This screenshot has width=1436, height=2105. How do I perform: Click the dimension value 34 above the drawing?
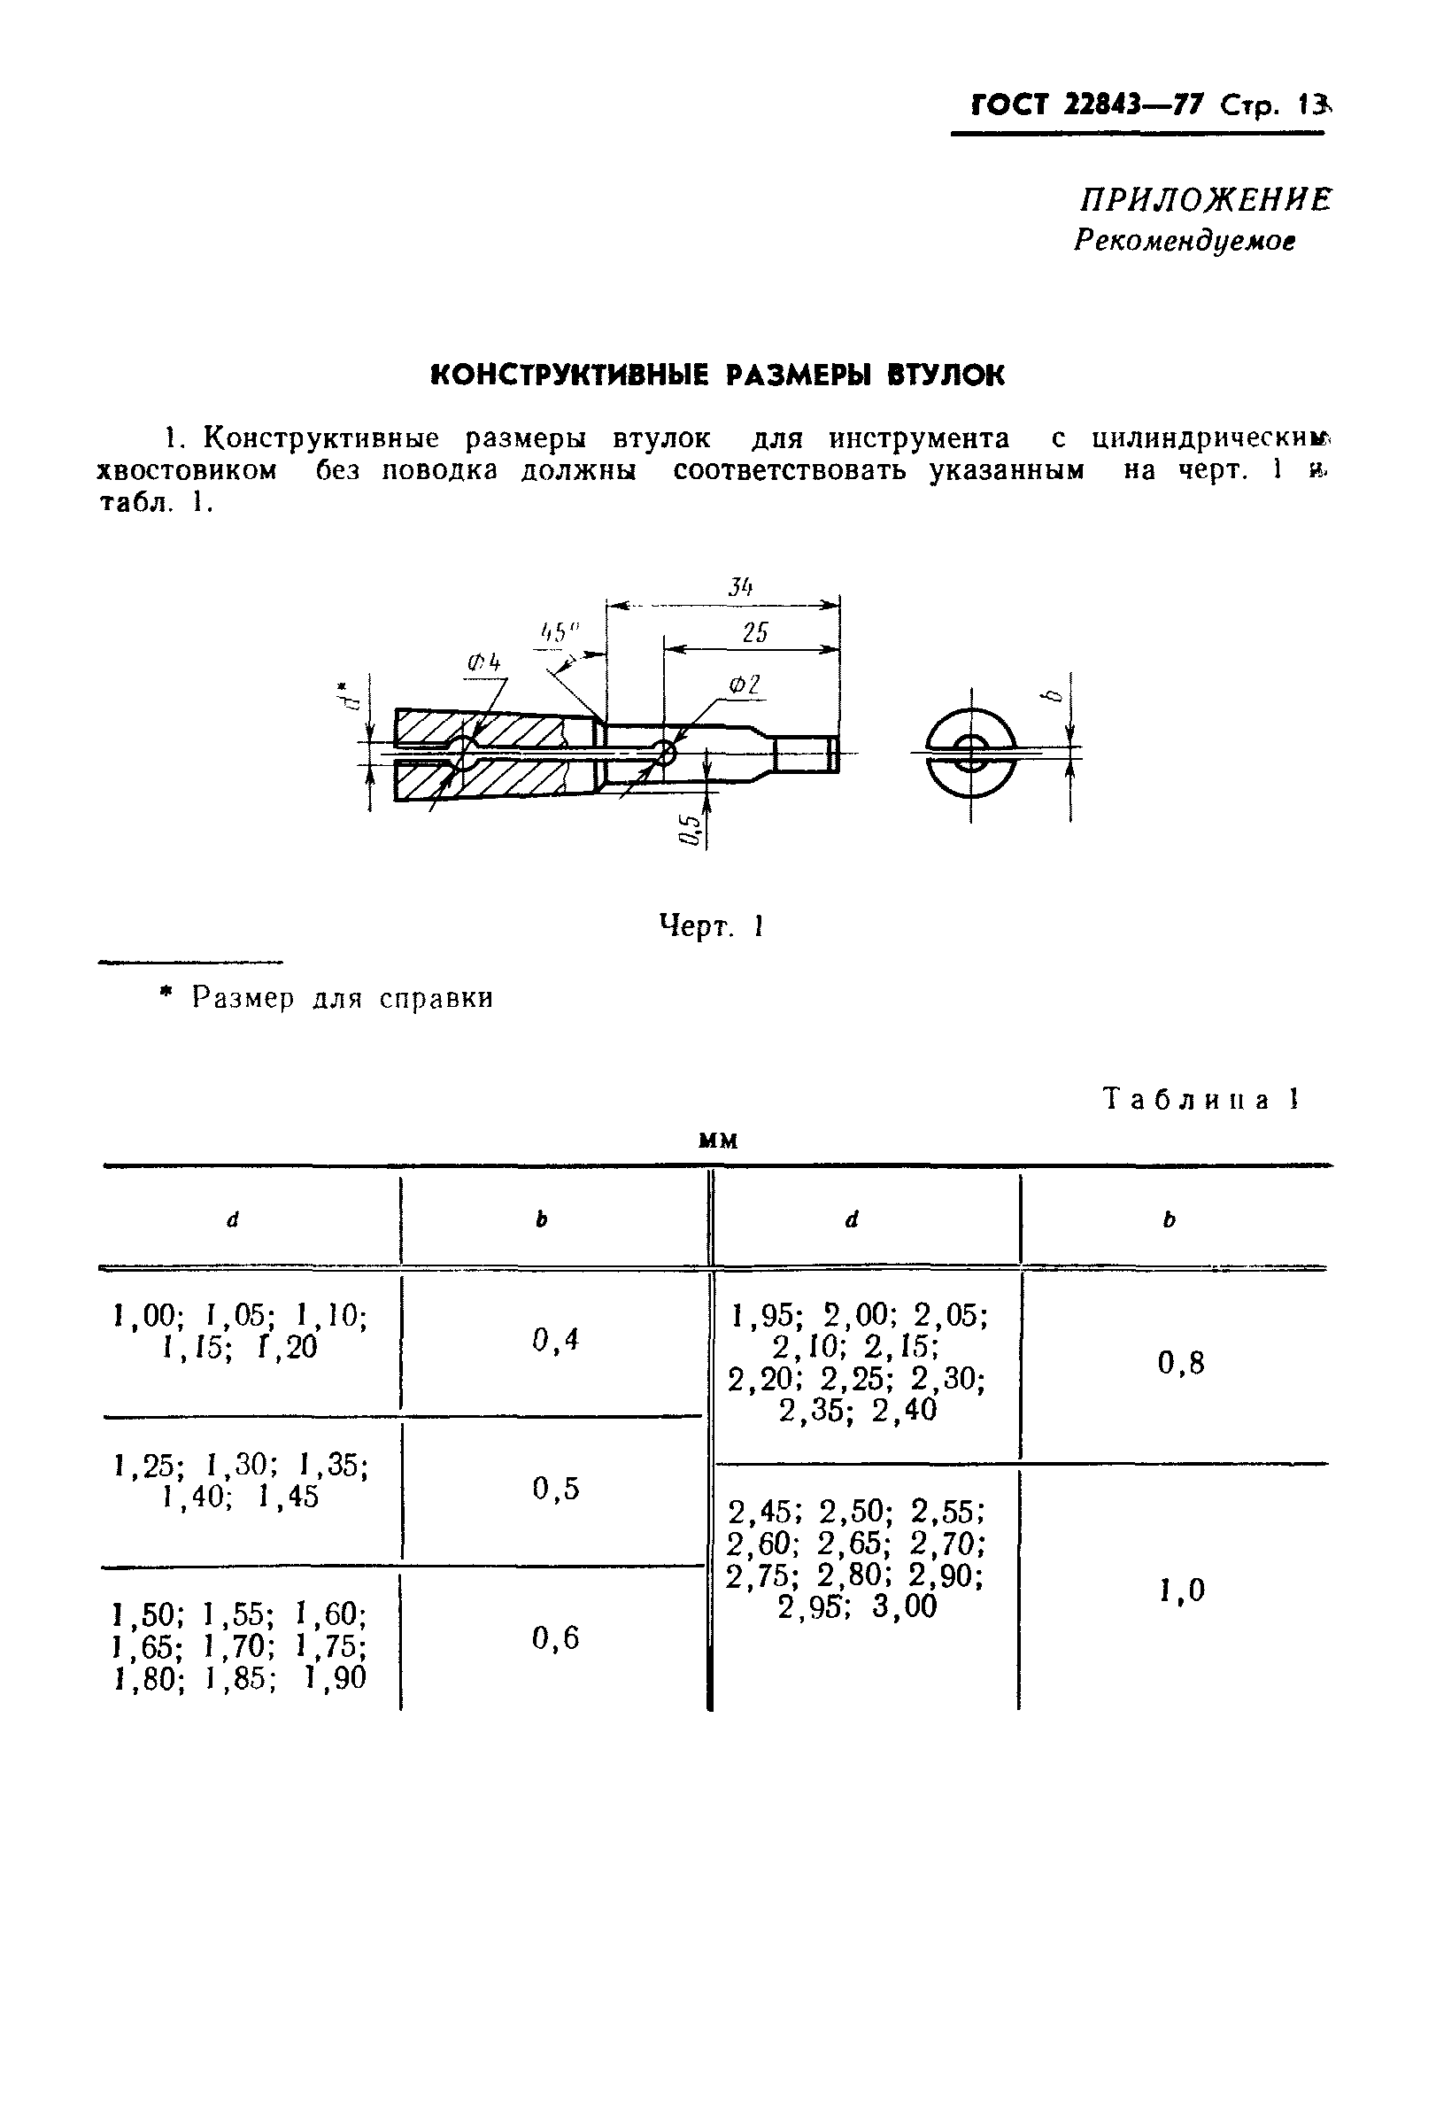(740, 587)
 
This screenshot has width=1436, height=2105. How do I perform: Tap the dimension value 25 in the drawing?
(754, 632)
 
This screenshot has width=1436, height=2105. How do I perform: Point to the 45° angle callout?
(559, 632)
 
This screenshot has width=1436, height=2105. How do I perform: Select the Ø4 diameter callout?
(484, 664)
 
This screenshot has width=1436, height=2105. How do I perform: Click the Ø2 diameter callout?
(745, 685)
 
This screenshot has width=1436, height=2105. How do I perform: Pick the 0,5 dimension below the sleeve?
(691, 829)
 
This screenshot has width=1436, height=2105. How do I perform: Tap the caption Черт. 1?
(712, 926)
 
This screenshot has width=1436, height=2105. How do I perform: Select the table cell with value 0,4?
(555, 1340)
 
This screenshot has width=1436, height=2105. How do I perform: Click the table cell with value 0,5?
(555, 1488)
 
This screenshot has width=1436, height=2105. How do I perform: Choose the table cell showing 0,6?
(555, 1637)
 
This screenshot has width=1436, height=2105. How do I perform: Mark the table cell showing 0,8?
(1181, 1363)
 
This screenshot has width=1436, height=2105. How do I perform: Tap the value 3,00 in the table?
(905, 1606)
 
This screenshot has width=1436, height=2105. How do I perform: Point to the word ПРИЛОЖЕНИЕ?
(1205, 200)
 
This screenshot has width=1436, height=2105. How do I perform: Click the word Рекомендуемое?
(1185, 241)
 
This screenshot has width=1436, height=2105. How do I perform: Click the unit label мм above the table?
(719, 1141)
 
